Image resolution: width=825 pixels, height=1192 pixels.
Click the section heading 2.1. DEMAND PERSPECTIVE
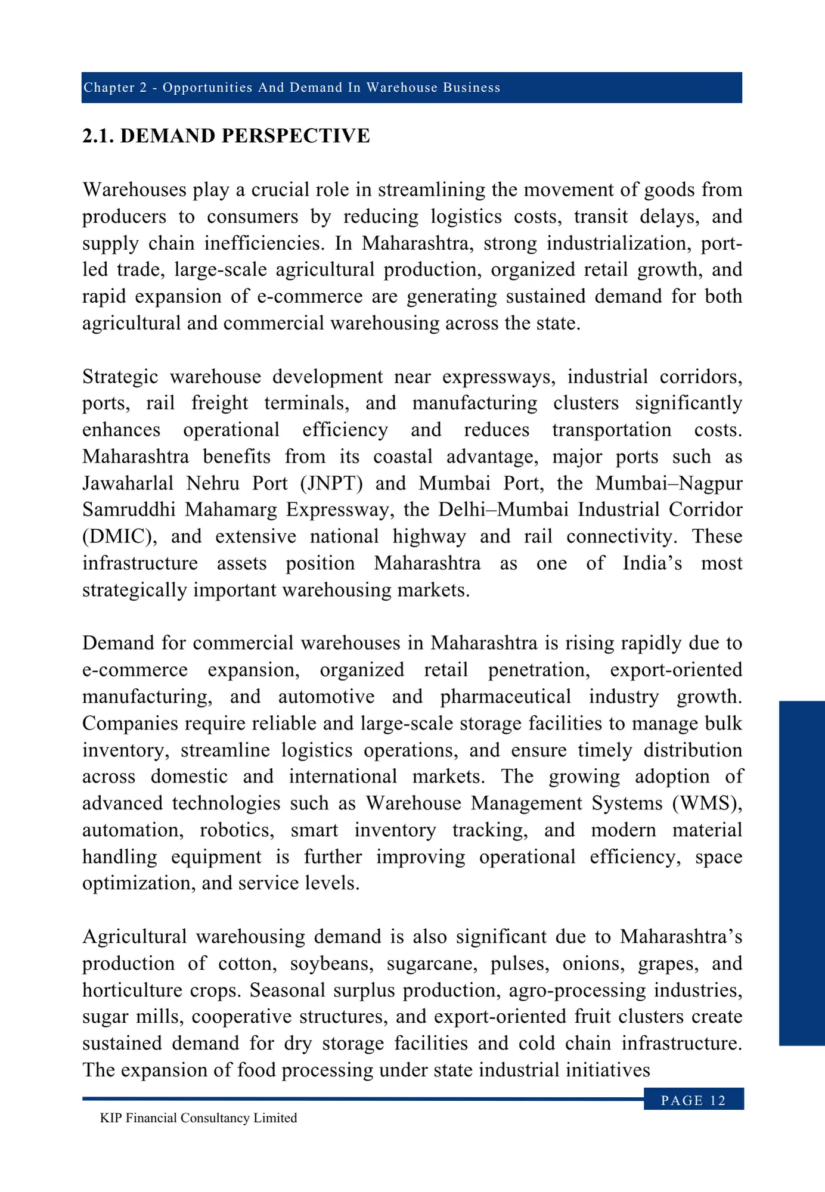pyautogui.click(x=226, y=136)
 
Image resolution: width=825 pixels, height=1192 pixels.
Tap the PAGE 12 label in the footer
pyautogui.click(x=693, y=1100)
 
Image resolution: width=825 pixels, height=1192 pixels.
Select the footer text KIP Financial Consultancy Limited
pyautogui.click(x=199, y=1118)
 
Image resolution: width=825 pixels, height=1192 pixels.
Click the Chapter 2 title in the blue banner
pyautogui.click(x=291, y=88)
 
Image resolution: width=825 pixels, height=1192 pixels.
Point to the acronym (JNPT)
pyautogui.click(x=331, y=483)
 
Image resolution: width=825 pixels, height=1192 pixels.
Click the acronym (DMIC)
pyautogui.click(x=119, y=536)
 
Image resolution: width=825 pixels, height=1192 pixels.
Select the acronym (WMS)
pyautogui.click(x=707, y=803)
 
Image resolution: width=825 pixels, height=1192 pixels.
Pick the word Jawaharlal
pyautogui.click(x=128, y=483)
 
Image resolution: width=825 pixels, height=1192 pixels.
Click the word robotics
pyautogui.click(x=237, y=830)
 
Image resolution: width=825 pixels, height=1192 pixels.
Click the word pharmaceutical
pyautogui.click(x=505, y=696)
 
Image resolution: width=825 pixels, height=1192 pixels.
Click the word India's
pyautogui.click(x=652, y=563)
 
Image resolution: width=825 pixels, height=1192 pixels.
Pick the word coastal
pyautogui.click(x=403, y=457)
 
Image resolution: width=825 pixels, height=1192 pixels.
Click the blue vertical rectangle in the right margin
pyautogui.click(x=802, y=873)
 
